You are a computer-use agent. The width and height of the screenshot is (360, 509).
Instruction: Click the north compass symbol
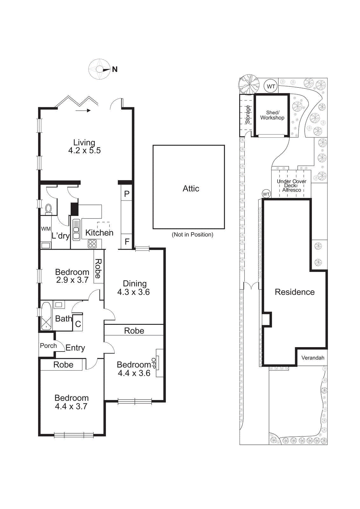pos(100,69)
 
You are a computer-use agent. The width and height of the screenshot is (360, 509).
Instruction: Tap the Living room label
pos(84,147)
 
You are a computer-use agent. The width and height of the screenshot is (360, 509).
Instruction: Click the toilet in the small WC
pos(48,209)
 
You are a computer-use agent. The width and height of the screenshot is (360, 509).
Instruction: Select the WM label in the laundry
pos(46,229)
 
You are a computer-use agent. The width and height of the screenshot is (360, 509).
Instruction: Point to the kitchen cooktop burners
pos(92,244)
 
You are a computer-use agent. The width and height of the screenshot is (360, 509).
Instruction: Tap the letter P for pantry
pos(127,194)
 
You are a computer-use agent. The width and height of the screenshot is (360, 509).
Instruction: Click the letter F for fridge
pos(127,242)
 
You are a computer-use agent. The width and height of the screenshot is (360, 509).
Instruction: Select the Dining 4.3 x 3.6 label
pos(134,288)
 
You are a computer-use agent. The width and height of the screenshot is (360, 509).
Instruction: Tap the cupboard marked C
pos(78,324)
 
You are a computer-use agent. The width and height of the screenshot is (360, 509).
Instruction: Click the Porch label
pos(48,346)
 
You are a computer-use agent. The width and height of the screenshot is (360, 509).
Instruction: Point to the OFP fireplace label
pos(154,363)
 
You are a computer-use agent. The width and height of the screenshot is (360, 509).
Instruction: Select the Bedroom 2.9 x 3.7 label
pos(72,276)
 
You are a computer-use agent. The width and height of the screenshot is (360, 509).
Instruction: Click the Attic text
pos(191,189)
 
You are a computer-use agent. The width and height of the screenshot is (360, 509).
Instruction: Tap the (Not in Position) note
pos(192,235)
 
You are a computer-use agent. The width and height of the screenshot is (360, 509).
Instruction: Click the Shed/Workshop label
pos(272,115)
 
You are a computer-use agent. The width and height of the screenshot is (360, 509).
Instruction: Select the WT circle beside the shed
pos(271,86)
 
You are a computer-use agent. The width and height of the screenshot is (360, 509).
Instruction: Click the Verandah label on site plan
pos(313,358)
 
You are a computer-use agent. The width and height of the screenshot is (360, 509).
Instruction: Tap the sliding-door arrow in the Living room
pos(83,111)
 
